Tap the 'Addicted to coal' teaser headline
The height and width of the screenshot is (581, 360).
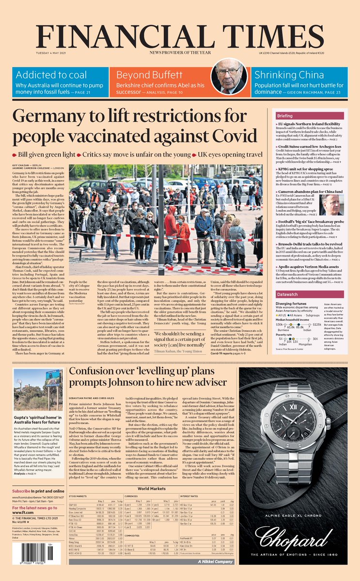point(48,75)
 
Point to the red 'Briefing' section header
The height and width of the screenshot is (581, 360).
point(285,116)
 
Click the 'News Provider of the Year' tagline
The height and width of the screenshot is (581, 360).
point(180,52)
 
